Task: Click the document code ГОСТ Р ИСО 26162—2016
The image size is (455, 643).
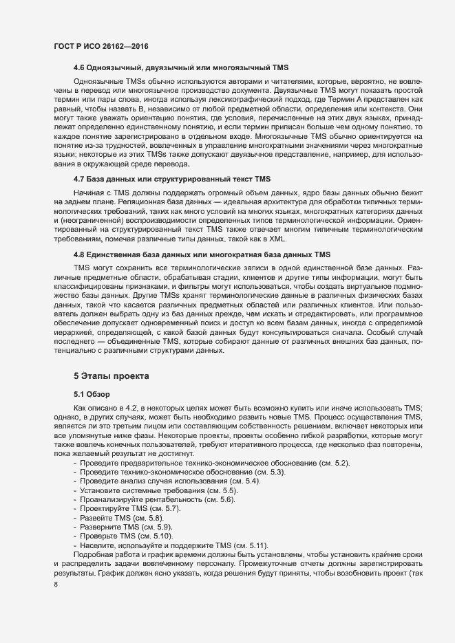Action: [100, 45]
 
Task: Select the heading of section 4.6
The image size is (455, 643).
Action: [180, 69]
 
